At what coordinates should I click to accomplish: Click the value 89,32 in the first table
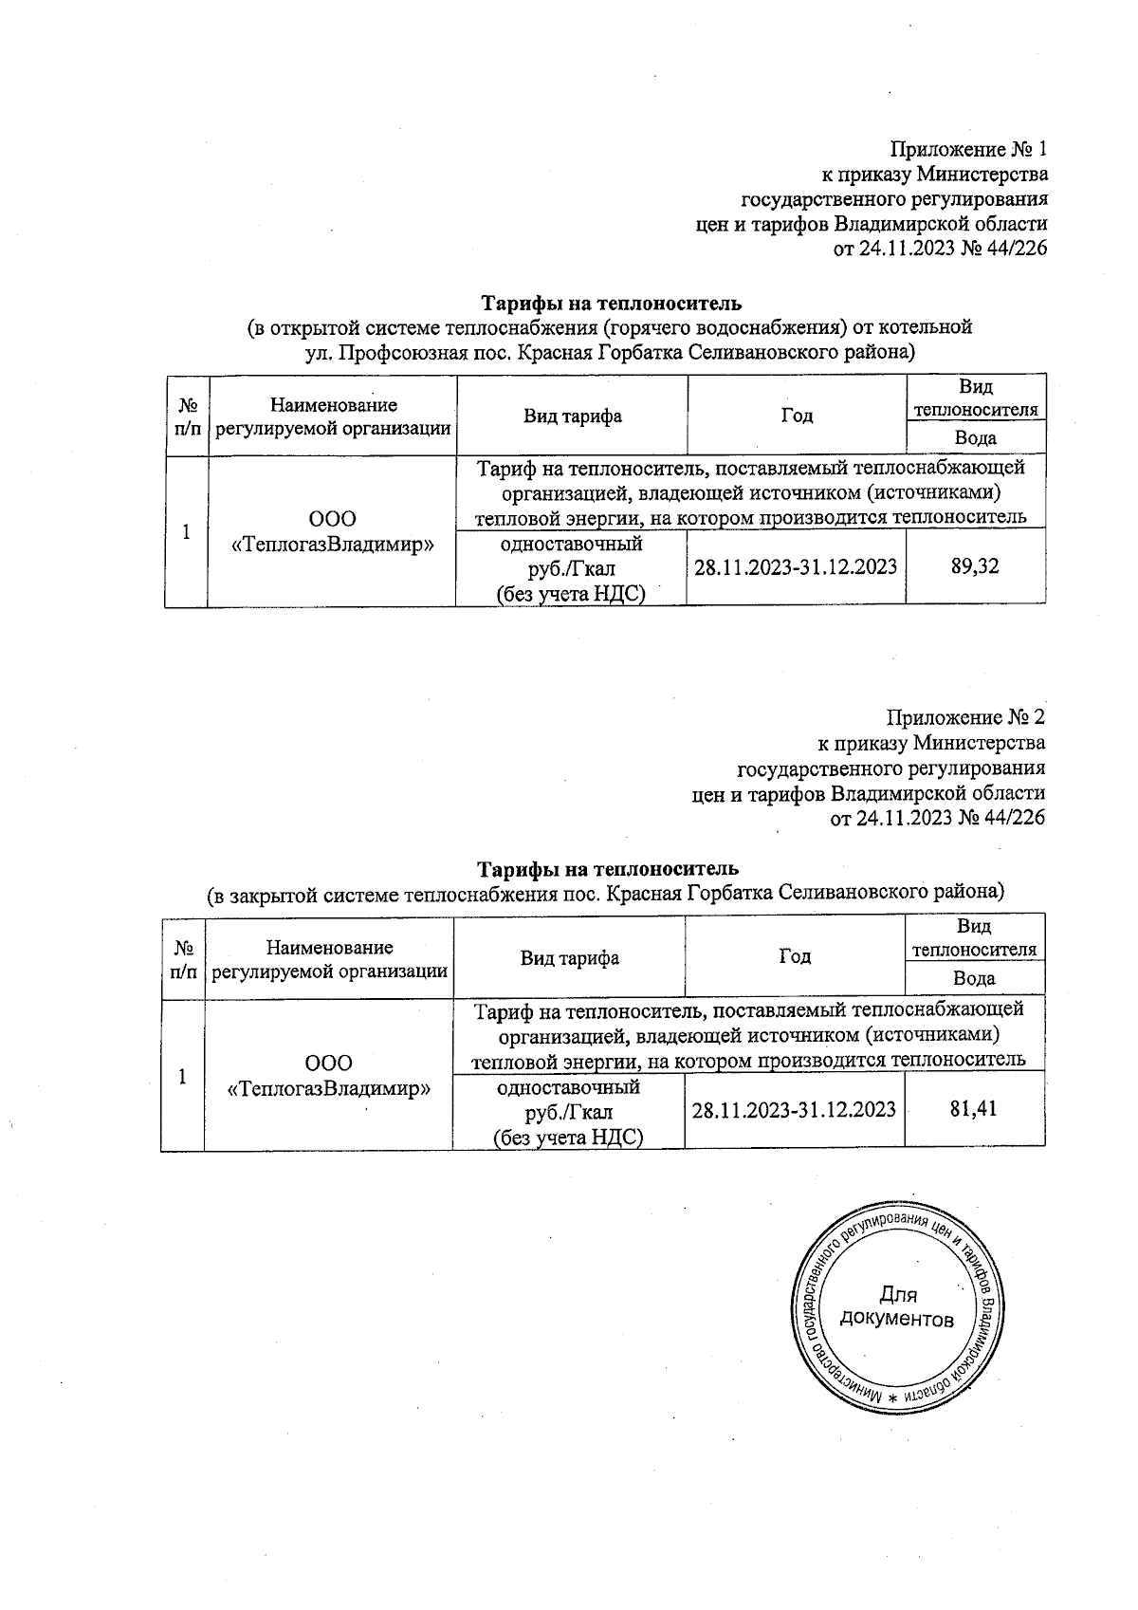click(975, 567)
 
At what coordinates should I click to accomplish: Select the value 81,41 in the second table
click(973, 1108)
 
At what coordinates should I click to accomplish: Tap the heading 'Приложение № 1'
click(968, 150)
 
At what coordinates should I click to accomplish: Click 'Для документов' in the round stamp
click(897, 1306)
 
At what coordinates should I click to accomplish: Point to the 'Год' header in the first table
click(797, 416)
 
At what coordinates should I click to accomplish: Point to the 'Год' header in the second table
click(795, 956)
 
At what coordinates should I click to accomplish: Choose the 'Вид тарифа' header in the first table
click(572, 416)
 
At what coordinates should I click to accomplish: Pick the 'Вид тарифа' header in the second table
click(569, 956)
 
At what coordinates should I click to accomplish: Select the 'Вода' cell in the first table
click(975, 438)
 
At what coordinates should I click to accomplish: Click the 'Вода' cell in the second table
click(974, 978)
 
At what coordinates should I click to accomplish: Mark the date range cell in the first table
click(796, 567)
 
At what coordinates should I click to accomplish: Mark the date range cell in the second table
click(794, 1108)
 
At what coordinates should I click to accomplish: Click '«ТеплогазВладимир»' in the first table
click(333, 545)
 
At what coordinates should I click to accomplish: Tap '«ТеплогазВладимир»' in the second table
click(329, 1088)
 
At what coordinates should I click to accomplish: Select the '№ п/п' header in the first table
click(187, 416)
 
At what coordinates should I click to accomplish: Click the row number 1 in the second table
click(182, 1076)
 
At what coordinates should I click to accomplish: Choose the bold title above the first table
click(611, 304)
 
